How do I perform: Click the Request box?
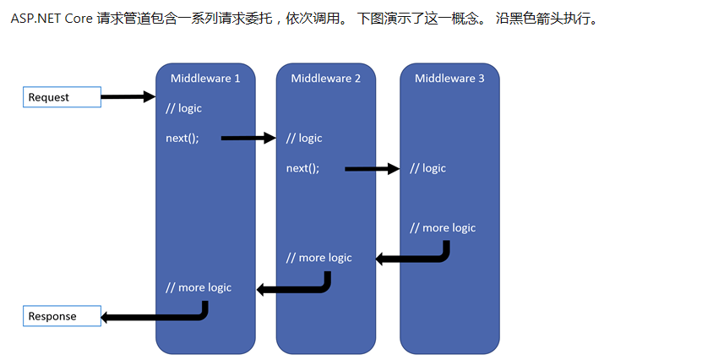[x=62, y=97]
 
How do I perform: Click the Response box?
[x=62, y=316]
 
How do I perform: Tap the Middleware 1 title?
[x=205, y=79]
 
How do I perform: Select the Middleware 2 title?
[x=326, y=79]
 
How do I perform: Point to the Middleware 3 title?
[x=449, y=79]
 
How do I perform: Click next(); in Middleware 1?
[x=182, y=138]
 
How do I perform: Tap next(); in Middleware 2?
[x=303, y=168]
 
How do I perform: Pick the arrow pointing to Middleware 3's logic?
[x=372, y=169]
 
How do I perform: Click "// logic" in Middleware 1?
[x=184, y=108]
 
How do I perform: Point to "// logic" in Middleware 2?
[x=304, y=138]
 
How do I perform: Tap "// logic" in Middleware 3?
[x=427, y=168]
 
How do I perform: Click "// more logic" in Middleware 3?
[x=443, y=228]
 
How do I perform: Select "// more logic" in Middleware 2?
[x=319, y=258]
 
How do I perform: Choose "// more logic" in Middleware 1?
[x=199, y=287]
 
